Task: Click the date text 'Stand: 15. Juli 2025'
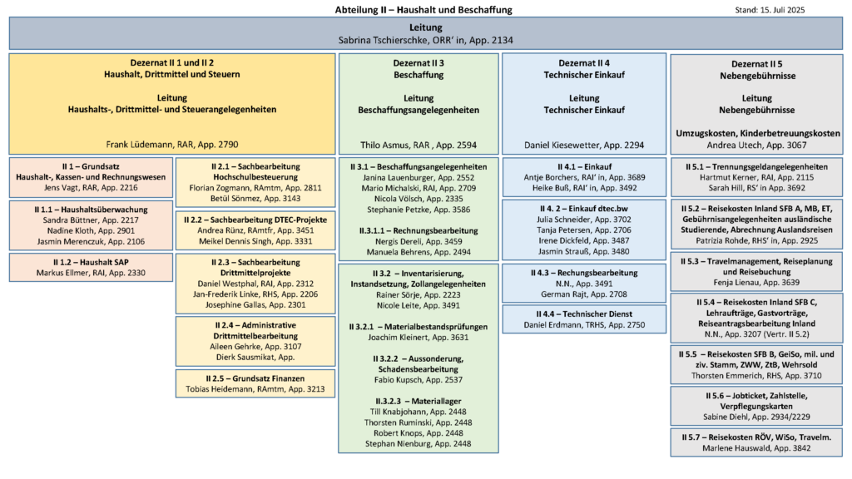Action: (x=770, y=10)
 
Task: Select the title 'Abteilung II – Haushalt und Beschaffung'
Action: (x=424, y=10)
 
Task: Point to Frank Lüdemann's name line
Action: (x=171, y=145)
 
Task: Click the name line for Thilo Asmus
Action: (x=419, y=145)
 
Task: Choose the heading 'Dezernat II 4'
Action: (x=584, y=63)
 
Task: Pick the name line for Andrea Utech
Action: (x=756, y=145)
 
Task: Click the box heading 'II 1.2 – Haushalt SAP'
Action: (x=91, y=262)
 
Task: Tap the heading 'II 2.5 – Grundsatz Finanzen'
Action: (x=255, y=378)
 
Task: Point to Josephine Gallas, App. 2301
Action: (x=255, y=304)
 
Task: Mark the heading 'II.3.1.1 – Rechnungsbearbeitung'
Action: (x=419, y=231)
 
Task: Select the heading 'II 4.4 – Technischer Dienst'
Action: (x=584, y=314)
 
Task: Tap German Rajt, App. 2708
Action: (x=584, y=294)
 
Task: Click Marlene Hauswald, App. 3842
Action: (x=756, y=448)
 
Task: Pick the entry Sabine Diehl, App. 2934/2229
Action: (x=756, y=417)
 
